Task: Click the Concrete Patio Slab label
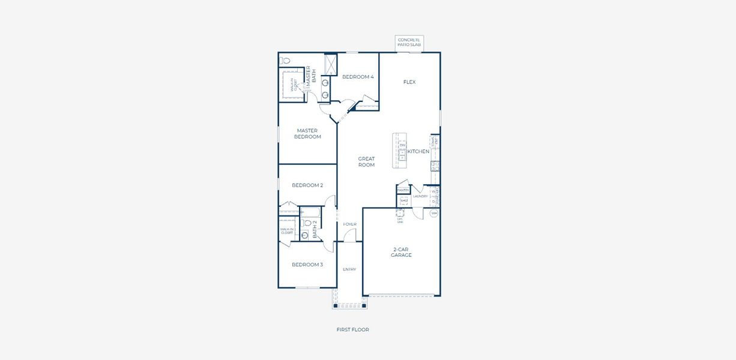tap(409, 43)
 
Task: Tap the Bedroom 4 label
tap(358, 77)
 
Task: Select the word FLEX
tap(409, 82)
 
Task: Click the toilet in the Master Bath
tap(286, 61)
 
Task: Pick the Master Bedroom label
tap(307, 134)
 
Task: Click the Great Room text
tap(366, 162)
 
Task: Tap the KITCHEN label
tap(418, 152)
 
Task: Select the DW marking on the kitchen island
tap(403, 146)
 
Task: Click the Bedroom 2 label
tap(307, 185)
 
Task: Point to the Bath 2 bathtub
tap(310, 213)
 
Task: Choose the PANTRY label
tap(403, 190)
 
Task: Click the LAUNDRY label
tap(420, 196)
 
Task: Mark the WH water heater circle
tap(434, 213)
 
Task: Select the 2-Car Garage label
tap(402, 252)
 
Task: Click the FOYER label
tap(350, 224)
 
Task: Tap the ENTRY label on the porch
tap(349, 269)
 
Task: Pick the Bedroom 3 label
tap(307, 265)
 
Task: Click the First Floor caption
tap(352, 329)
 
